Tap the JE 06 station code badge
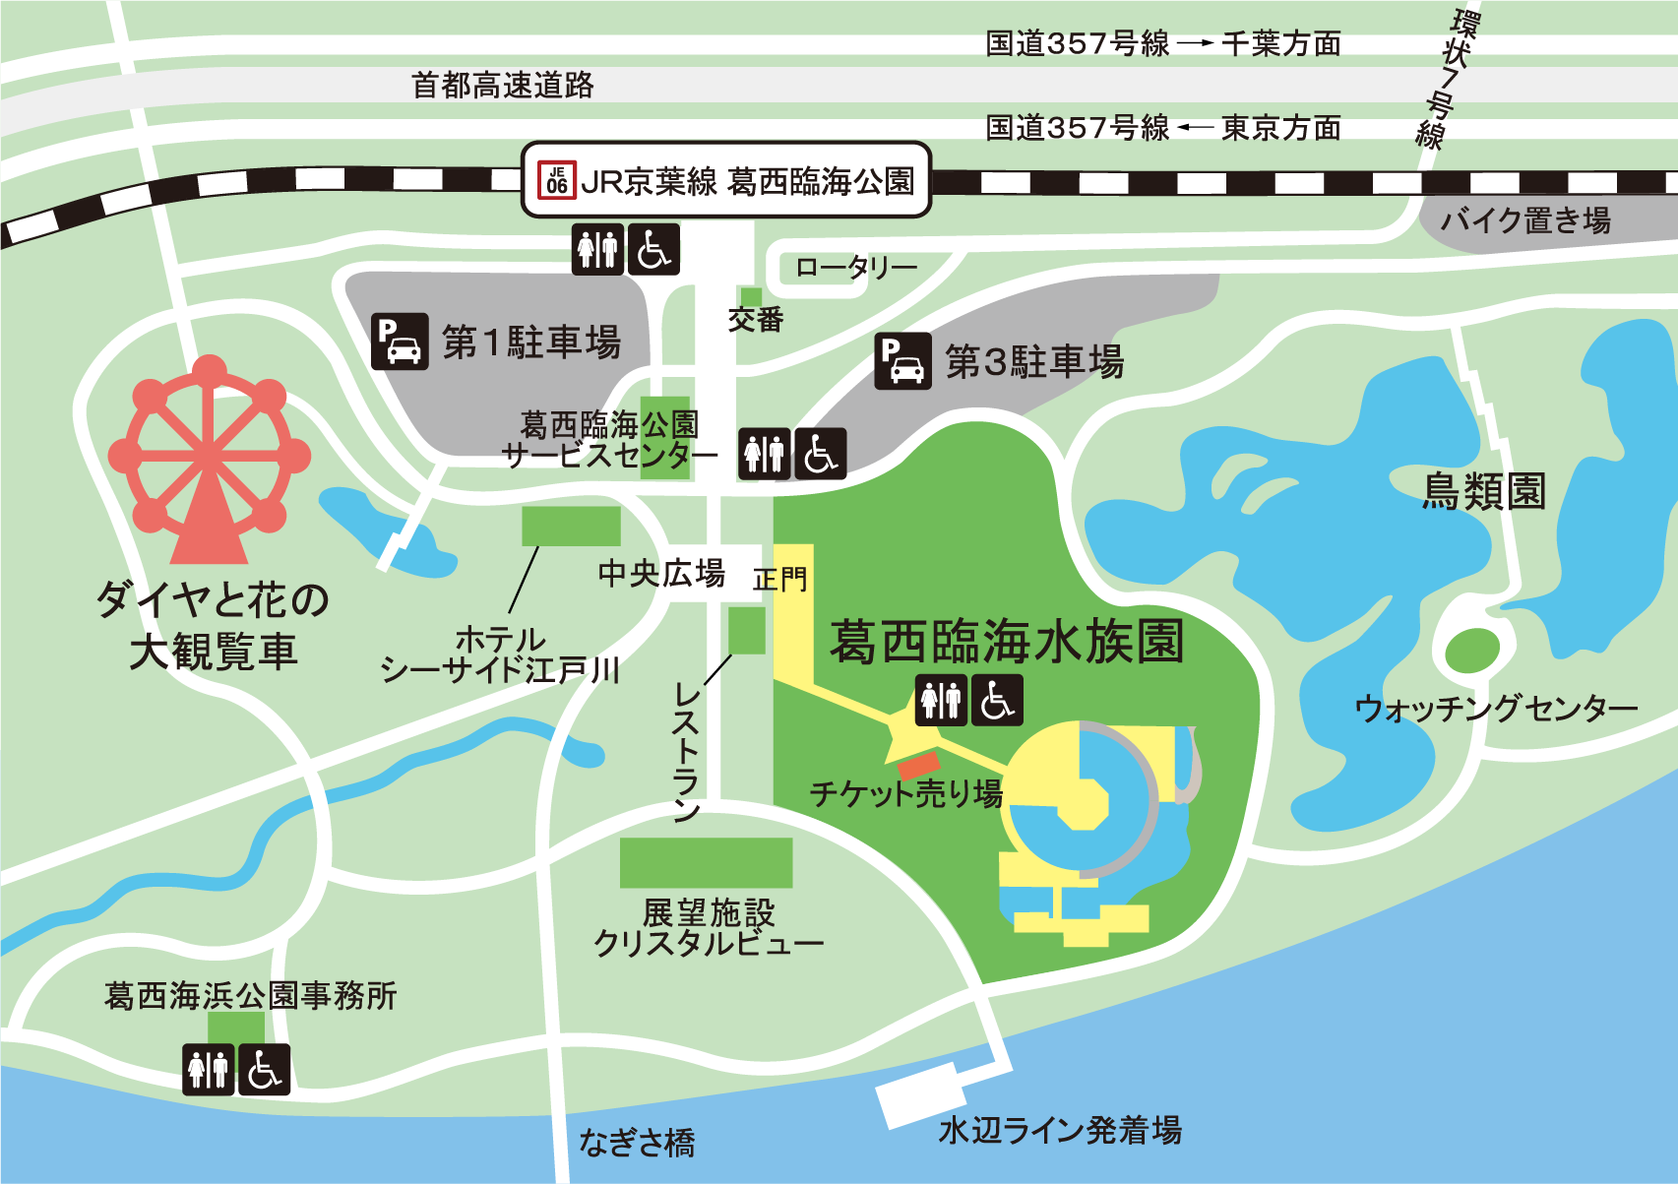(x=557, y=181)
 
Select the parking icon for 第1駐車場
(x=400, y=342)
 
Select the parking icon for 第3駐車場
(x=902, y=361)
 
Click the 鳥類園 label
(x=1484, y=491)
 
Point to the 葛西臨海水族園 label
(x=1006, y=642)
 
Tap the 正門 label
(x=779, y=580)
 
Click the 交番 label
(x=755, y=320)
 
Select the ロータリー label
(x=855, y=267)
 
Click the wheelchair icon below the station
(x=653, y=249)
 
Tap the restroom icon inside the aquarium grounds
(x=941, y=700)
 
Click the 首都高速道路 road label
(x=503, y=86)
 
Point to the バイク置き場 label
(x=1525, y=219)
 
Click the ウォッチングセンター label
(x=1496, y=708)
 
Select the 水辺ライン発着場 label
(x=1060, y=1130)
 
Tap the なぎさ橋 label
(x=637, y=1143)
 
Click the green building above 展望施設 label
(x=706, y=863)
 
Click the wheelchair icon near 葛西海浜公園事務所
(x=265, y=1070)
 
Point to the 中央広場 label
(x=661, y=573)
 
